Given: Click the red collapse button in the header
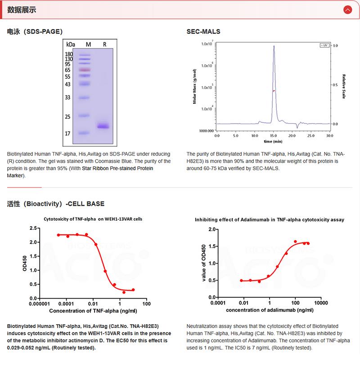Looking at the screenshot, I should coord(347,9).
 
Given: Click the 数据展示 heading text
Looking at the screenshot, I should coord(22,10).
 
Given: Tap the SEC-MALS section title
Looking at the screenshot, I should coord(203,31).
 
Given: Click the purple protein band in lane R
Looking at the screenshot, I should coord(103,126).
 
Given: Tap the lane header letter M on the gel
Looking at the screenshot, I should coord(88,45).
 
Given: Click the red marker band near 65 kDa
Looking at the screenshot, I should coord(85,70).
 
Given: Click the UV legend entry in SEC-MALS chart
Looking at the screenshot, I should coord(323,45).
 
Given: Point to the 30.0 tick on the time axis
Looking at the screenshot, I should coord(329,135).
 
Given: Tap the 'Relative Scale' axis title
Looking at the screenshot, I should coord(344,86).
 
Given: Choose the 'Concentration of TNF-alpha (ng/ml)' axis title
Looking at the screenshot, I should coord(93,311).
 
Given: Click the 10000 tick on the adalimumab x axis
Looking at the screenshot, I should coord(320,303).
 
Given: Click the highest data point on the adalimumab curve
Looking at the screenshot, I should coord(295,241).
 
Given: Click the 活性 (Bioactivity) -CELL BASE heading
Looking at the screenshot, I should coord(56,204).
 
